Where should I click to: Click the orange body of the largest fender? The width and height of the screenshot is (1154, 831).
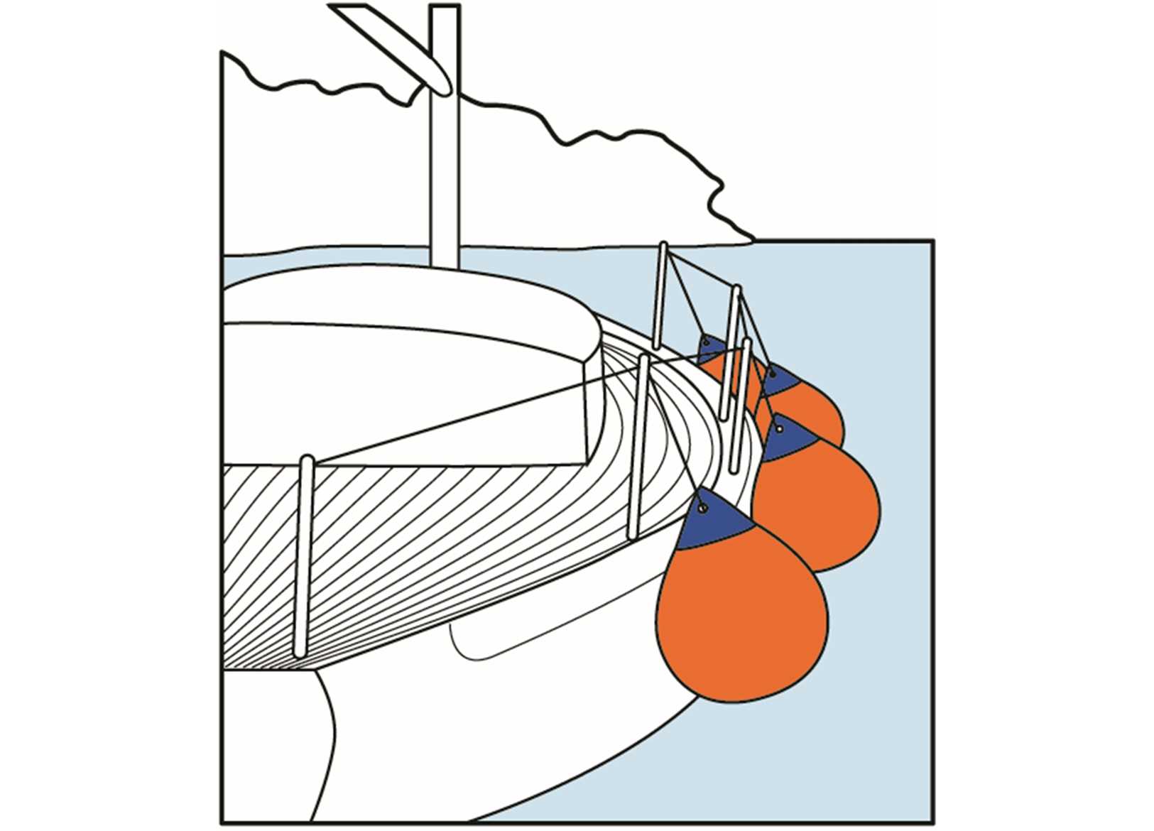point(742,618)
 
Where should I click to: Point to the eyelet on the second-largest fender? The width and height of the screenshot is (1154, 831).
point(780,429)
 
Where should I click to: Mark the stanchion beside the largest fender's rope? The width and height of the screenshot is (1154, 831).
point(638,447)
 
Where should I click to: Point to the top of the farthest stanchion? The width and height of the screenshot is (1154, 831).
point(663,248)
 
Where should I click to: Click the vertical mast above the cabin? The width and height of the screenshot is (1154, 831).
point(445,178)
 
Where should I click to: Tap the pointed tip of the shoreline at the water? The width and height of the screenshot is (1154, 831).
point(751,239)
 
